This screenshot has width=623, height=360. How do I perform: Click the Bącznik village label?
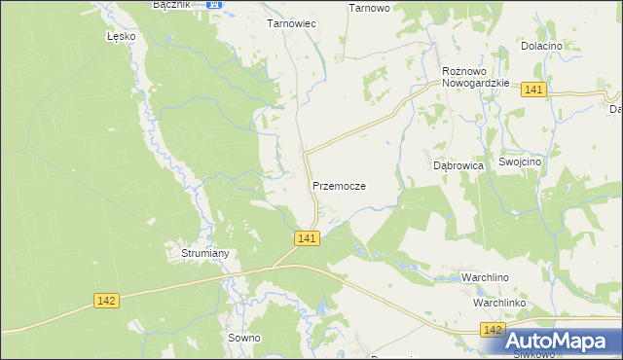(x=172, y=5)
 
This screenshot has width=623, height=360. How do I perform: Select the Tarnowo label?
(x=369, y=8)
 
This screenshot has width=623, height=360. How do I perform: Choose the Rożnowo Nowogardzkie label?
(x=476, y=77)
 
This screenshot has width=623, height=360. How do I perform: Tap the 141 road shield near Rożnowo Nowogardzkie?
(x=533, y=90)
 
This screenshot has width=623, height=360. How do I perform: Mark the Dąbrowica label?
(x=458, y=165)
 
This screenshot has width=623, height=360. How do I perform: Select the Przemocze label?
(x=339, y=185)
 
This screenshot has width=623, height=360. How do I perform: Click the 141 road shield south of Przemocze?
(x=306, y=238)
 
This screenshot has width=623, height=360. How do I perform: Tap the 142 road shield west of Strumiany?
(x=107, y=301)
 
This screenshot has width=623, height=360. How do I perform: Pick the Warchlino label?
(x=485, y=278)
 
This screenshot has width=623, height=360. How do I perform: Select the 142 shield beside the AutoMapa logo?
(x=494, y=332)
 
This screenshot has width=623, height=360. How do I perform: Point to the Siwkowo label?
(x=533, y=354)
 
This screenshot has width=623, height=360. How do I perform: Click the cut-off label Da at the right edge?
(x=615, y=109)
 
